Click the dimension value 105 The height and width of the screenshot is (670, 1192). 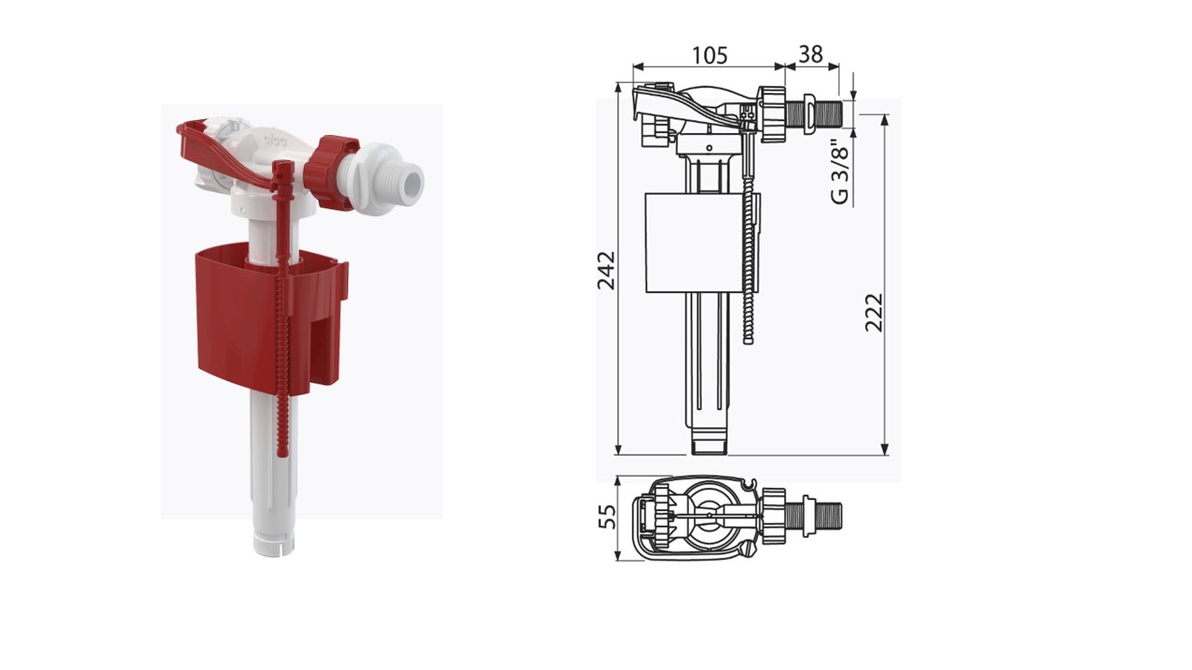point(710,55)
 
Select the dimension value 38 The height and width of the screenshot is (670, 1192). point(810,54)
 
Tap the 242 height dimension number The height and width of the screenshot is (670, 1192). point(606,270)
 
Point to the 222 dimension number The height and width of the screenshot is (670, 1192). point(874,313)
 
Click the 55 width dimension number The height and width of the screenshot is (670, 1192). point(607,516)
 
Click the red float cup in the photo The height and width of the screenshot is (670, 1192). point(271,319)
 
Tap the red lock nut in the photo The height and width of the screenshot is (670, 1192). point(332,171)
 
